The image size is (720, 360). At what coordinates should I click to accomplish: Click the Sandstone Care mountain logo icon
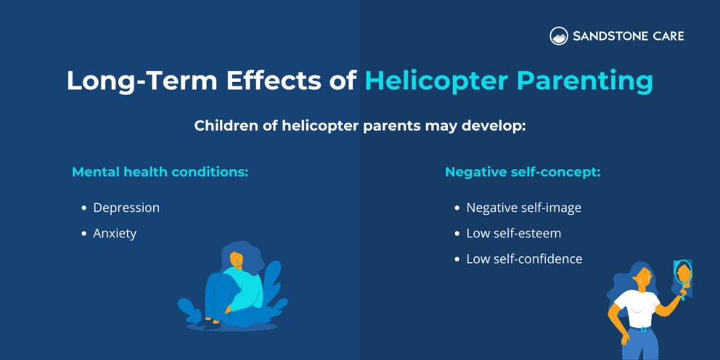(x=558, y=36)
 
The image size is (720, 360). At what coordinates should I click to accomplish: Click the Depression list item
(x=126, y=208)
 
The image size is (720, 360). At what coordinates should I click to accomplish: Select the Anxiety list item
(x=115, y=234)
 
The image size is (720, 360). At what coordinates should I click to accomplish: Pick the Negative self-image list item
(x=523, y=208)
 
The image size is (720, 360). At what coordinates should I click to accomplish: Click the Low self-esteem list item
(x=513, y=234)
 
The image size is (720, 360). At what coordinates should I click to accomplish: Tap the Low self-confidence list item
(x=524, y=259)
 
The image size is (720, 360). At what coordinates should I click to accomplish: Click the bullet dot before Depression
(x=84, y=208)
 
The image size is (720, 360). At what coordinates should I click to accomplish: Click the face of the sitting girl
(x=236, y=259)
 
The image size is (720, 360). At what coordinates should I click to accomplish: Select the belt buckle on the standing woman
(x=640, y=329)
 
